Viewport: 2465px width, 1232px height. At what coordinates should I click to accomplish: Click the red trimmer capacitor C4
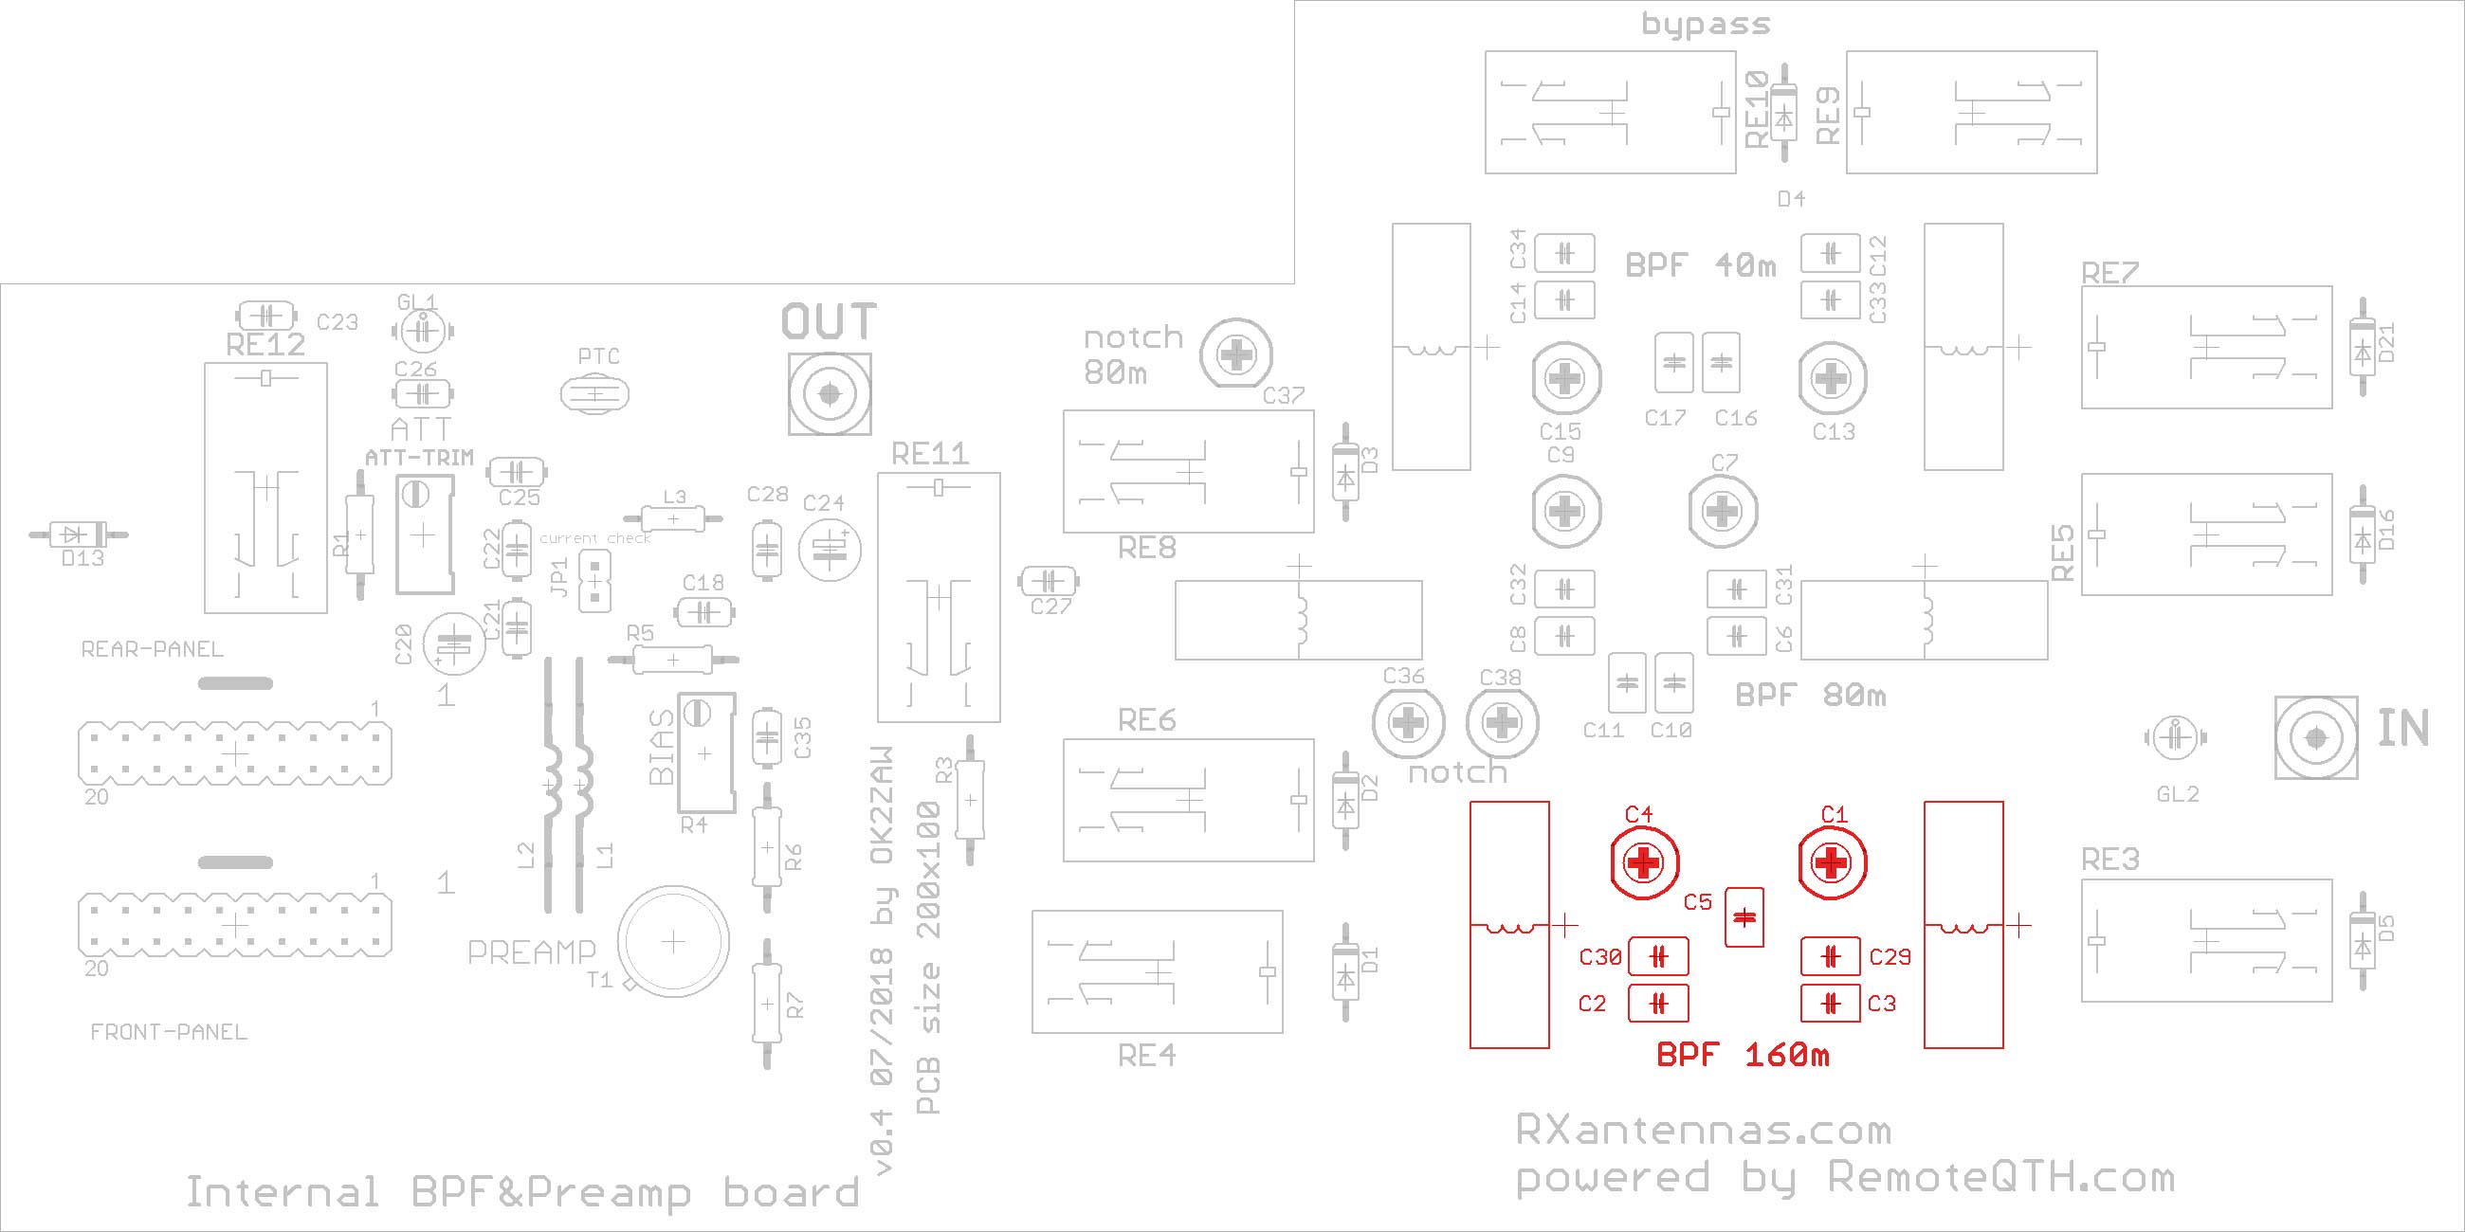pos(1643,864)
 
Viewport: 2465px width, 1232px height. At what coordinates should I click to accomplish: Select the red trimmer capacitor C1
pos(1832,864)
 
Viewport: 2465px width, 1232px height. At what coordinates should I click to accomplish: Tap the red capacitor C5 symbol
pos(1744,917)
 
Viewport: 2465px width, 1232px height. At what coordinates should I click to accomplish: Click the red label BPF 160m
pos(1743,1055)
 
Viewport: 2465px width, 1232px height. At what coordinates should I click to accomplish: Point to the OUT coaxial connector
pos(829,393)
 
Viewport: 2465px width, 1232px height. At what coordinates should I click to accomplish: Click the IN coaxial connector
pos(2316,737)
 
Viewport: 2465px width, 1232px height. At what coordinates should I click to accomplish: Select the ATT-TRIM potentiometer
pos(423,535)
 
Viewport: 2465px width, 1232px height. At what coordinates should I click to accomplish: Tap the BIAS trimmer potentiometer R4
pos(706,752)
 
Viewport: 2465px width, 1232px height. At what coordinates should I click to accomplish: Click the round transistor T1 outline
pos(673,942)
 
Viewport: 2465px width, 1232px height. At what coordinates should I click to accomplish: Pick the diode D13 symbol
pos(79,534)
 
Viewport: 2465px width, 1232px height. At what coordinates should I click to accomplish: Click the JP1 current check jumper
pos(595,580)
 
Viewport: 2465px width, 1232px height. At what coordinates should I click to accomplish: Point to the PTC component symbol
pos(595,394)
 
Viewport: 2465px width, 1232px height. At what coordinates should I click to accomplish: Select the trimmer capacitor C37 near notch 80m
pos(1237,355)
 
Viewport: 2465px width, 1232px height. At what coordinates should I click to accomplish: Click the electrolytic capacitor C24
pos(829,549)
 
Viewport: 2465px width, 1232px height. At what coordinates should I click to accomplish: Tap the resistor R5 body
pos(673,659)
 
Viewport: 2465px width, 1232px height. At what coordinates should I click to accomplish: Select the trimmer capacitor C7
pos(1723,512)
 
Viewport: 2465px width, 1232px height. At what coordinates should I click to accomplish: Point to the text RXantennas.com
pos(1704,1131)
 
